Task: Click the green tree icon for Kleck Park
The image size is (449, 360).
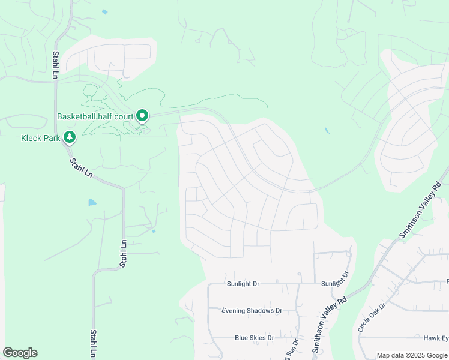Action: pyautogui.click(x=70, y=137)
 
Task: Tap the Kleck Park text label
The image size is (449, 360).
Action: pyautogui.click(x=41, y=137)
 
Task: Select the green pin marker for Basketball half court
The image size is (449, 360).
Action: pyautogui.click(x=142, y=115)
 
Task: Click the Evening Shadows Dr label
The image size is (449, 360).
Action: pyautogui.click(x=252, y=311)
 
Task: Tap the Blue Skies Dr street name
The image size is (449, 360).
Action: pyautogui.click(x=254, y=338)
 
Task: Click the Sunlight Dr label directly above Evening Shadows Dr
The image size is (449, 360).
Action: pyautogui.click(x=243, y=283)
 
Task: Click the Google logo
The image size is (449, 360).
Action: pyautogui.click(x=20, y=353)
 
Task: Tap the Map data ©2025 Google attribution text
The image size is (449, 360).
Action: pyautogui.click(x=412, y=355)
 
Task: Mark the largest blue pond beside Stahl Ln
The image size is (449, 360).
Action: pyautogui.click(x=92, y=202)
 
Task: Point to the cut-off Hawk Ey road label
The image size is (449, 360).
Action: pyautogui.click(x=436, y=338)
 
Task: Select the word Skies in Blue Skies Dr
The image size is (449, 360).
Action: pyautogui.click(x=259, y=338)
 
